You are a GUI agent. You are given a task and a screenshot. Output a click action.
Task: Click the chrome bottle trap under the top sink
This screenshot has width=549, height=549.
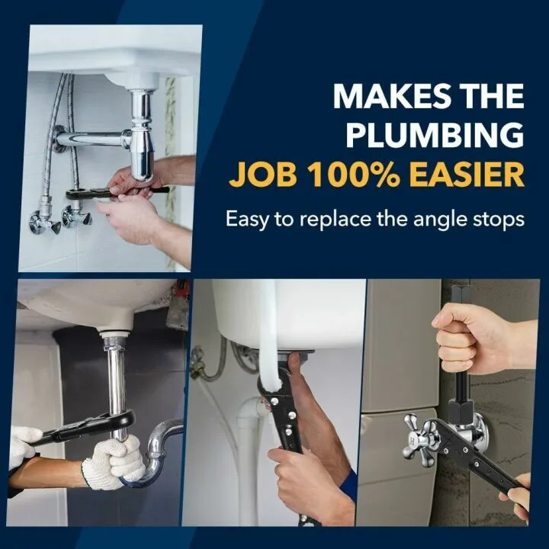coord(142,145)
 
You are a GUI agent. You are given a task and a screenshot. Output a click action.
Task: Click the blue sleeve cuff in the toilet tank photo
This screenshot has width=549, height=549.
coord(348,485)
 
